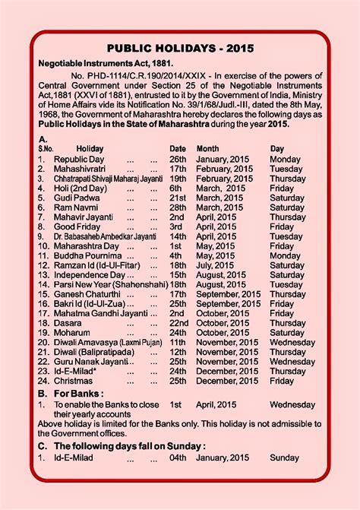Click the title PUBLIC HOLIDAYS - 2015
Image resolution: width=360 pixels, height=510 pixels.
(x=180, y=49)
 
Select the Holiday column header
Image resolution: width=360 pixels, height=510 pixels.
(x=90, y=148)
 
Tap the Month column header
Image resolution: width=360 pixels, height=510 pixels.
(x=208, y=148)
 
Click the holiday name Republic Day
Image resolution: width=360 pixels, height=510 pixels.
(x=79, y=159)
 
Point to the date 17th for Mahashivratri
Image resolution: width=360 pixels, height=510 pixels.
(x=178, y=169)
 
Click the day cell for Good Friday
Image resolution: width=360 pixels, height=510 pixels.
(x=281, y=226)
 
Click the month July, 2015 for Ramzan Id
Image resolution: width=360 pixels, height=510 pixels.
(x=218, y=266)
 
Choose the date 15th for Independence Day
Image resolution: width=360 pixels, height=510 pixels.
(x=178, y=275)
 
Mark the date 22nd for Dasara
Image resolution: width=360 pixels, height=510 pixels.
(x=178, y=323)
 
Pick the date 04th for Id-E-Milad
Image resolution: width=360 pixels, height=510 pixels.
(x=178, y=458)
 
